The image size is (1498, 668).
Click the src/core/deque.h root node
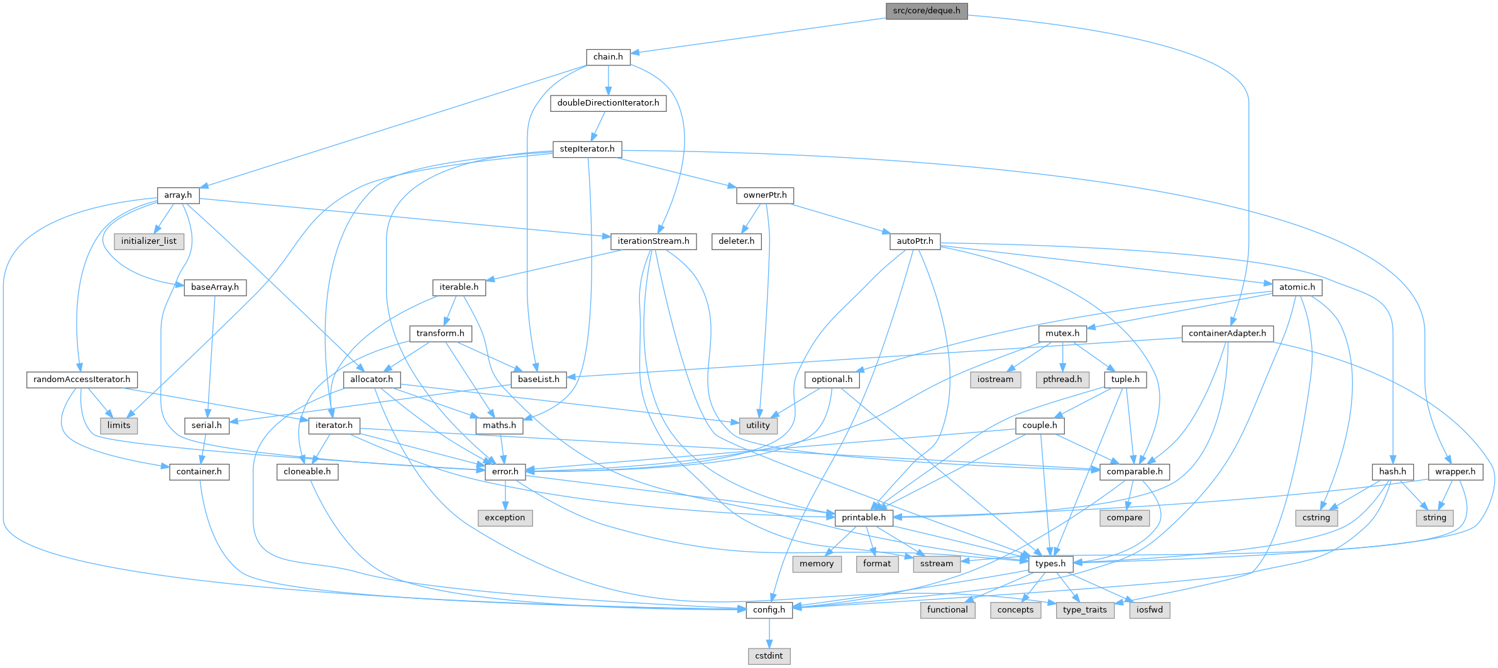click(x=926, y=11)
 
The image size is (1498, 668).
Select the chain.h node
click(x=608, y=57)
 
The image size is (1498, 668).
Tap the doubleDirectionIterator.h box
click(x=608, y=102)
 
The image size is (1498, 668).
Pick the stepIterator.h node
click(x=587, y=149)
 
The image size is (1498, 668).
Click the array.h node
click(x=178, y=195)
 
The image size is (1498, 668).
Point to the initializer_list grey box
click(x=149, y=241)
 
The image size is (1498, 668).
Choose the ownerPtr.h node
click(x=765, y=195)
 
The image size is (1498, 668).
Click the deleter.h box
click(x=737, y=241)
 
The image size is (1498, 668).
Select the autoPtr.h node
click(x=915, y=241)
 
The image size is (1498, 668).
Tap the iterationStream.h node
click(x=653, y=241)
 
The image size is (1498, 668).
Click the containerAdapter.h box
click(x=1227, y=333)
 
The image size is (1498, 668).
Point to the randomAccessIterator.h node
click(x=82, y=379)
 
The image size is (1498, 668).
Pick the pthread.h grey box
click(x=1062, y=379)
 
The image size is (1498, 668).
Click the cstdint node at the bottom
click(x=769, y=655)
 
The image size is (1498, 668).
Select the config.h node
click(x=769, y=610)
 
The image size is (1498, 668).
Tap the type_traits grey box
click(x=1085, y=610)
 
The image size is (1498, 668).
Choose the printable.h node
click(x=864, y=517)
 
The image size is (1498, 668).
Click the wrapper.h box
click(x=1455, y=471)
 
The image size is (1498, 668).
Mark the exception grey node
click(x=505, y=517)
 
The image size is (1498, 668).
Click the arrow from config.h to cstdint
click(x=769, y=633)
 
